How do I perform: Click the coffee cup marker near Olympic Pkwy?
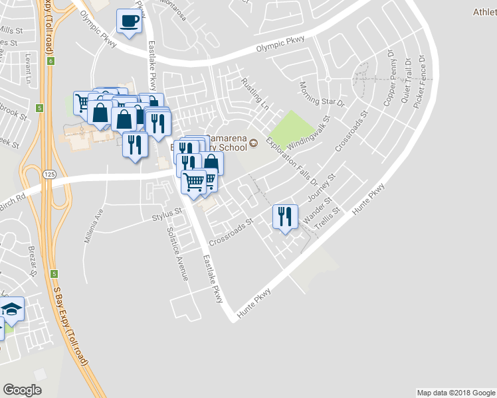[x=128, y=21]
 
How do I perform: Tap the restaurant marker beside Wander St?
[x=285, y=217]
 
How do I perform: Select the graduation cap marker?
[x=11, y=310]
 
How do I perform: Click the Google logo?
[x=22, y=390]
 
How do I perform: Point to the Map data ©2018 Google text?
[x=455, y=392]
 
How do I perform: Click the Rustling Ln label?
[x=255, y=94]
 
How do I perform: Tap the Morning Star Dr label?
[x=322, y=94]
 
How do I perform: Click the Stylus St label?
[x=166, y=214]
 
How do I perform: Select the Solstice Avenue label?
[x=178, y=253]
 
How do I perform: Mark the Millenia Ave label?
[x=92, y=226]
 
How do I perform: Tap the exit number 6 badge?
[x=50, y=61]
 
